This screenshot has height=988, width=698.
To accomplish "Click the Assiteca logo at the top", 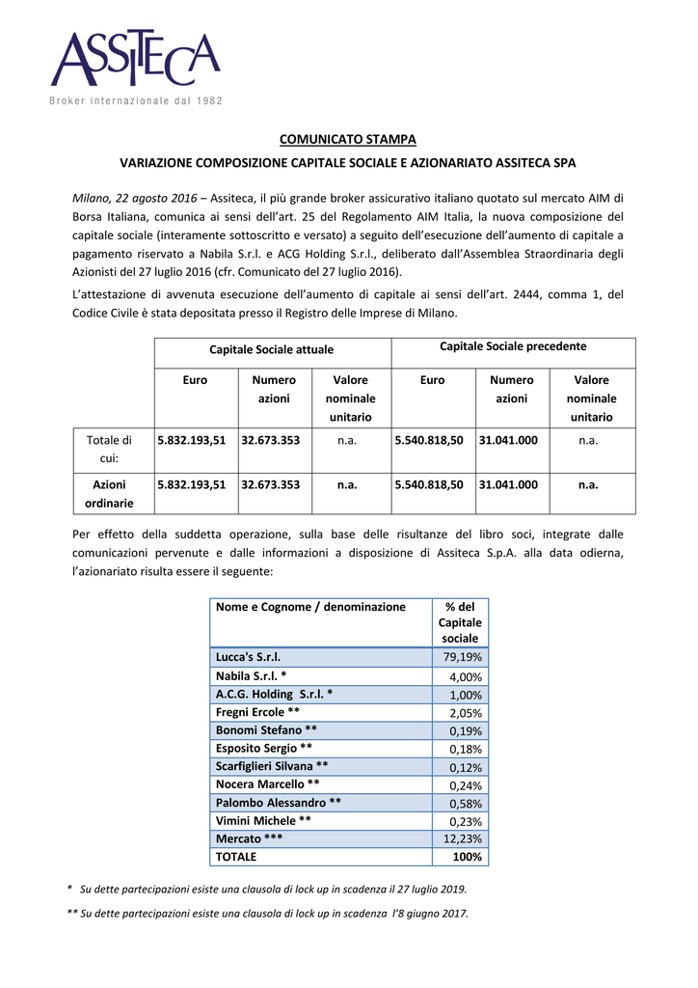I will click(136, 60).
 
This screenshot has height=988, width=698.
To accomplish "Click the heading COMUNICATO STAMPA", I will click(348, 141).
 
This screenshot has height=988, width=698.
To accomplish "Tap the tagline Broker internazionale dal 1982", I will click(136, 101).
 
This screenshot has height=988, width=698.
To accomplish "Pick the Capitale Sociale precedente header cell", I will click(513, 345).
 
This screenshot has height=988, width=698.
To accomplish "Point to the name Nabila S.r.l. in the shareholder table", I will click(251, 676).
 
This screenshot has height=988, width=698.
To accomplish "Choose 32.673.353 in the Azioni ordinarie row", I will click(270, 485).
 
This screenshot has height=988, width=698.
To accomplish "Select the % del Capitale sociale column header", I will click(460, 622).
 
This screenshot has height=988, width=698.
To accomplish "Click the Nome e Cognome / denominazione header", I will click(310, 607).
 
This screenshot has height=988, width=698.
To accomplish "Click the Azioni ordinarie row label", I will click(109, 493).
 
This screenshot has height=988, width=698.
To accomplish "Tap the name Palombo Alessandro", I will click(278, 803).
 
